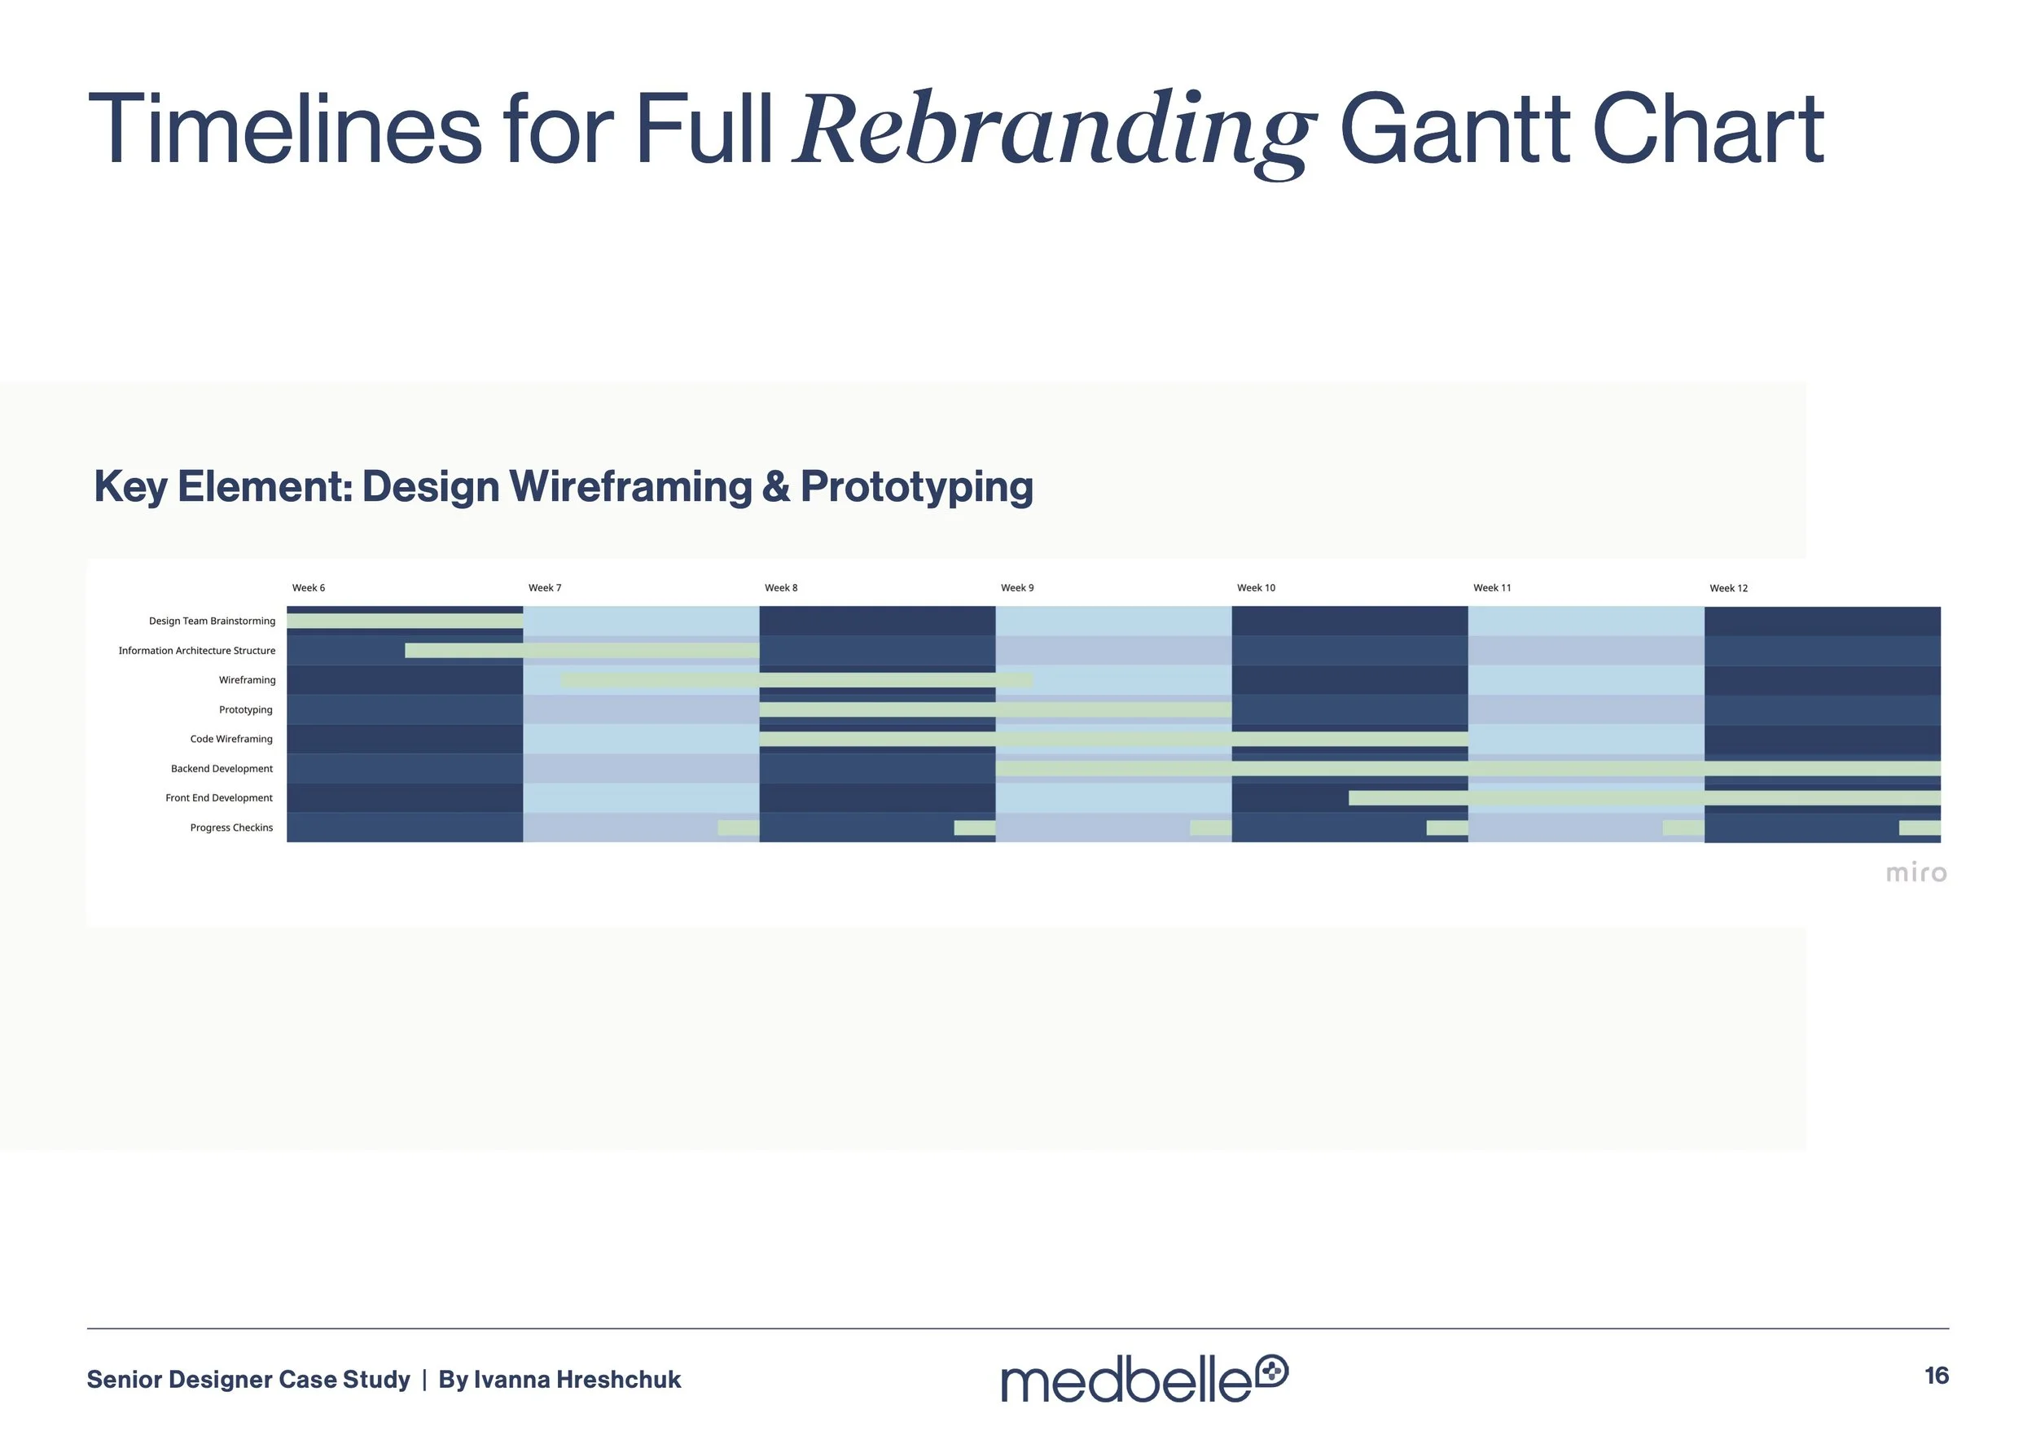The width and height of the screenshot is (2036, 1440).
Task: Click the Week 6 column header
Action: [309, 588]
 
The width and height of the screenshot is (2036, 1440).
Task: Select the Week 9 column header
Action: [1017, 588]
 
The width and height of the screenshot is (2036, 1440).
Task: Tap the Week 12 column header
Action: [1728, 588]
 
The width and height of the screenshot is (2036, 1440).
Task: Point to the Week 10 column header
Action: [1256, 588]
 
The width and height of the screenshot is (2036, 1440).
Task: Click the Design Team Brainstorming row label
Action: [212, 621]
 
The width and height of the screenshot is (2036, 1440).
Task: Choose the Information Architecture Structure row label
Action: [197, 651]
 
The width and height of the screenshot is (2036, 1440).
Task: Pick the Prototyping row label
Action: [246, 709]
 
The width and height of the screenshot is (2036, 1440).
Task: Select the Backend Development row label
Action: [222, 769]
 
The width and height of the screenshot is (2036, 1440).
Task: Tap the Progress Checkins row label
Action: [231, 828]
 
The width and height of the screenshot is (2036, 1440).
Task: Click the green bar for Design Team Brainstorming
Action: [405, 621]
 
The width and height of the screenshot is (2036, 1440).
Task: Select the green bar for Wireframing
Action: [796, 680]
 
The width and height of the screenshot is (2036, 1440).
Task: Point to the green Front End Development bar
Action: [1644, 798]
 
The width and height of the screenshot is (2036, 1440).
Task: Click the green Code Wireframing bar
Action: [1113, 739]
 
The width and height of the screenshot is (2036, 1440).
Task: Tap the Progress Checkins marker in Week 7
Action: [738, 828]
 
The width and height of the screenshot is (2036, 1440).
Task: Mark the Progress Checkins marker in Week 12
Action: [1919, 828]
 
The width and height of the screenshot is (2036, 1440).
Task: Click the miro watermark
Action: [1915, 873]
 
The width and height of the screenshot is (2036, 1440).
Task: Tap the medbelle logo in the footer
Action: [1144, 1379]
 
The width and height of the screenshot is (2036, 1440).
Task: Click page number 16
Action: [1936, 1376]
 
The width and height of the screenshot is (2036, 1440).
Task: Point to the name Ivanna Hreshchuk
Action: [577, 1380]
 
